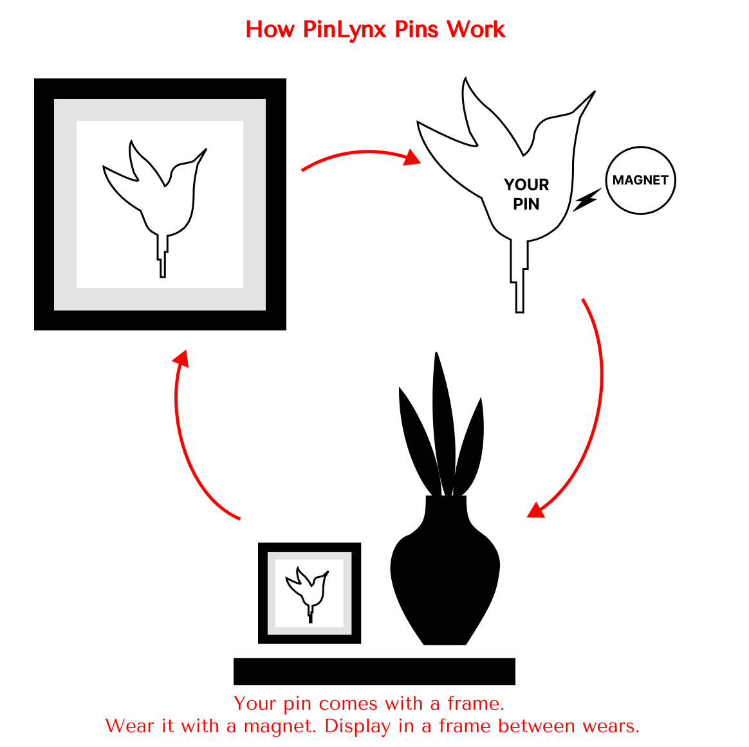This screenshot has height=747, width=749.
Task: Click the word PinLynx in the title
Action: coord(344,30)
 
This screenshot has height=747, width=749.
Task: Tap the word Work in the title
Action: coord(476,30)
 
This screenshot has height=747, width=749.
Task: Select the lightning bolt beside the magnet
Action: coord(587,199)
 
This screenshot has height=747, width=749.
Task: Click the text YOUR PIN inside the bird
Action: coord(526,194)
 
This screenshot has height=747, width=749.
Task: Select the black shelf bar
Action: coord(374,672)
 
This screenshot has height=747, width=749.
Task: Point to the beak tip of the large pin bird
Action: coord(595,91)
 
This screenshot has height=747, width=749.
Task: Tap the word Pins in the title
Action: coord(416,30)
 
